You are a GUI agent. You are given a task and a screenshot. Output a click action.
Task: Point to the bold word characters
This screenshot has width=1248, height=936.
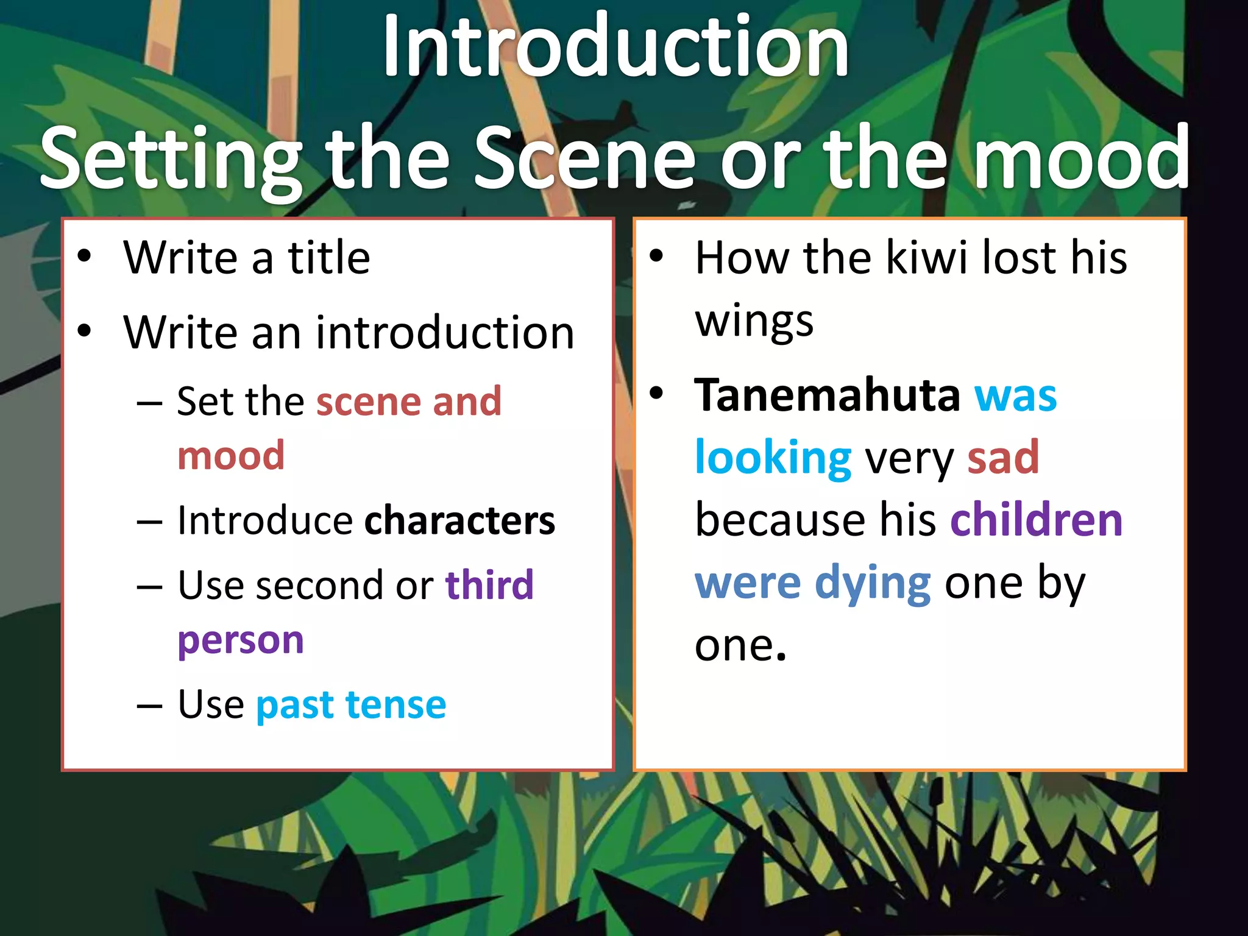click(460, 521)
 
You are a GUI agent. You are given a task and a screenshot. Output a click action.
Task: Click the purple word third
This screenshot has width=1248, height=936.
click(489, 585)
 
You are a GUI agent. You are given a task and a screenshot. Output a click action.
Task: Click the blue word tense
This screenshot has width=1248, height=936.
click(396, 705)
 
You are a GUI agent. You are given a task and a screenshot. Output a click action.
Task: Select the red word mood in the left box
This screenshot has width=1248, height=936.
click(232, 456)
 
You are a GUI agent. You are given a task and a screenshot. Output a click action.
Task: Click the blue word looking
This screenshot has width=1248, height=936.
click(773, 458)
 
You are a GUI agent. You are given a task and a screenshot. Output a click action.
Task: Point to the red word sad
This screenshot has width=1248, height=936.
click(1003, 458)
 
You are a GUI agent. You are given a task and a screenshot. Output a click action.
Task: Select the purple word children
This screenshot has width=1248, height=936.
click(1037, 520)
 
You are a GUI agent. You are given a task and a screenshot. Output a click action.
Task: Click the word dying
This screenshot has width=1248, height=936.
click(873, 584)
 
